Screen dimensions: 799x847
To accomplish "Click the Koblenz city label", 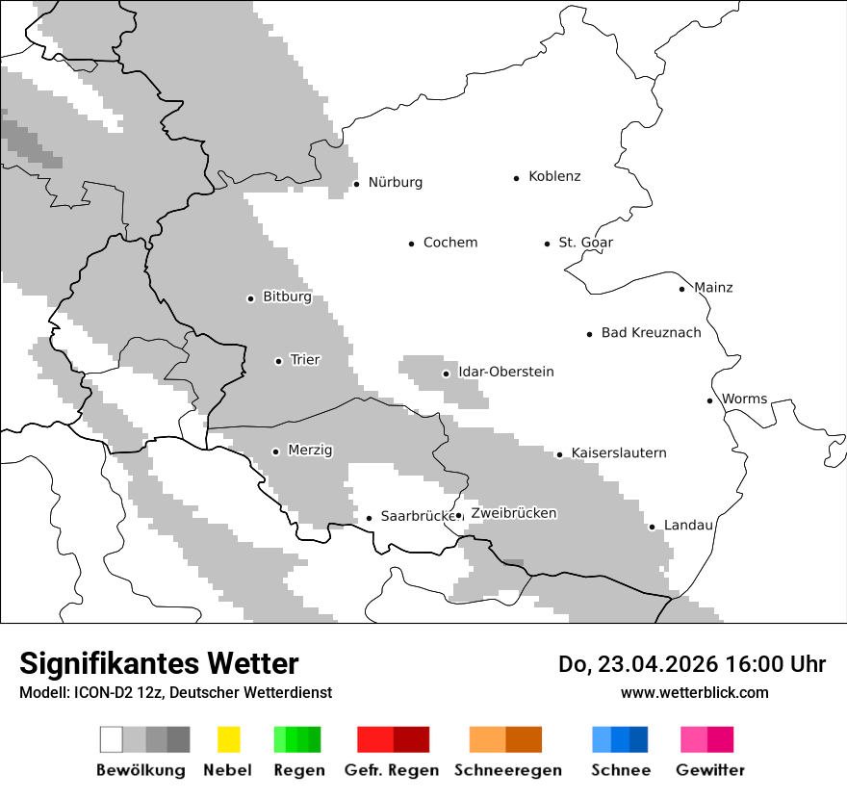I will [x=554, y=176].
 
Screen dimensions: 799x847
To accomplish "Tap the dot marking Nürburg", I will [x=356, y=183].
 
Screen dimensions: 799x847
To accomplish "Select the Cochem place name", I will [x=449, y=243].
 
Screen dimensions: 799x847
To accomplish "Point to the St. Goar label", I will [x=585, y=243].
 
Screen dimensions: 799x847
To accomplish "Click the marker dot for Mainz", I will [x=681, y=289].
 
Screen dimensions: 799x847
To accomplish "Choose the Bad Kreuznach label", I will [x=651, y=333].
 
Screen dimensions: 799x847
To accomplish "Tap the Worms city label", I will [x=744, y=399].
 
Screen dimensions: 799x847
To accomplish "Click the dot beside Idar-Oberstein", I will [x=446, y=374].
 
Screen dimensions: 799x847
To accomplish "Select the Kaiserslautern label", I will [x=618, y=453].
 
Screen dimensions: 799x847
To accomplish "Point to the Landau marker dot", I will [x=652, y=527].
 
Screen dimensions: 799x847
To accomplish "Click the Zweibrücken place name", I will [x=513, y=514].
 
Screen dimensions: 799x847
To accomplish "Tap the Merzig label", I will [x=310, y=451].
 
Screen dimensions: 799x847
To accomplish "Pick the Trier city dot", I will [x=278, y=361].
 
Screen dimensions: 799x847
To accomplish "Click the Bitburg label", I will [x=287, y=297].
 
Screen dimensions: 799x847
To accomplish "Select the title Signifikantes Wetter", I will [x=159, y=664].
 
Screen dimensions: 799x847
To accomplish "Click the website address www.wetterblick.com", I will [x=694, y=692].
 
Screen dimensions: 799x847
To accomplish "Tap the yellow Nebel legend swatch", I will [x=228, y=739].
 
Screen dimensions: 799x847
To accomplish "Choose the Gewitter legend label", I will [x=709, y=770].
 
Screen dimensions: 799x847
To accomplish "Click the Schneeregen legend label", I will [x=507, y=770].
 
